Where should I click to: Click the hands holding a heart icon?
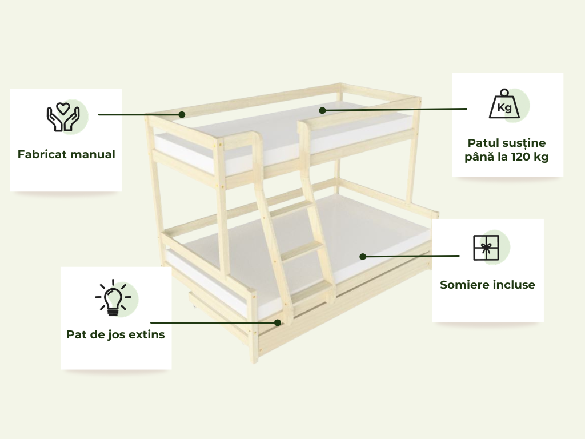(63, 117)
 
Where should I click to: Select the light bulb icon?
(113, 298)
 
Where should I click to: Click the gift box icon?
(486, 248)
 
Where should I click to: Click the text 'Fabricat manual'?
(66, 154)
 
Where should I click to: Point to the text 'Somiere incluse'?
(488, 285)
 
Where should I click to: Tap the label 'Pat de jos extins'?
(115, 334)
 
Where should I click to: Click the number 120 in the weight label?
(520, 157)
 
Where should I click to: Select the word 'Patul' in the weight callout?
(483, 143)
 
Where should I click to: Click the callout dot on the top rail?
(182, 114)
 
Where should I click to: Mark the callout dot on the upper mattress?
(322, 110)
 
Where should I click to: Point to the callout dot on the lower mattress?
(363, 257)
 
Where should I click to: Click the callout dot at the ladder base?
(278, 322)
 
